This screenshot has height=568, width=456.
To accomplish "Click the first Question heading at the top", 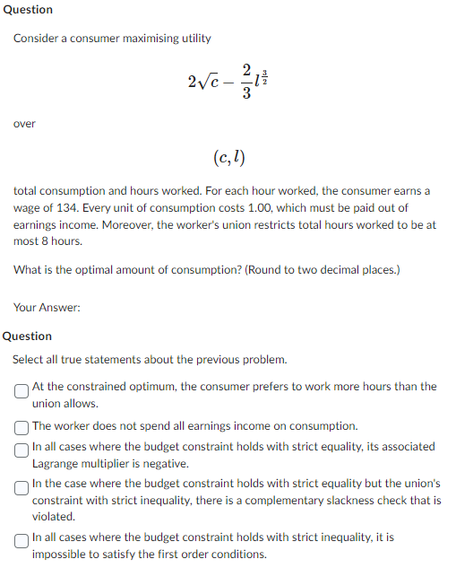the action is click(x=28, y=10).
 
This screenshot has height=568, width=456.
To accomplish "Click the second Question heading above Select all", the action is click(x=28, y=336).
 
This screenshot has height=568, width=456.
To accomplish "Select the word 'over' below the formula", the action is click(x=24, y=124).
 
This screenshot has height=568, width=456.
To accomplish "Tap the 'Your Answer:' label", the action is click(x=47, y=308).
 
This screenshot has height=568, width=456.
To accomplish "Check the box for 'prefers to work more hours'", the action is click(x=20, y=389).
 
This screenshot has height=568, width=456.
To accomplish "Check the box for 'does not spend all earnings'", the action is click(x=20, y=426).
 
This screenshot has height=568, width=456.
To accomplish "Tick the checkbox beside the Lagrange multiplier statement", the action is click(x=20, y=447).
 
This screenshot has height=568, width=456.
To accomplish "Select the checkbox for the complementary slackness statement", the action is click(x=20, y=484).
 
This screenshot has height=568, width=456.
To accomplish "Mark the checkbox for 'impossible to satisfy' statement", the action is click(x=20, y=538).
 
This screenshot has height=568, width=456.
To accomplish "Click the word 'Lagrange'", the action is click(x=57, y=464).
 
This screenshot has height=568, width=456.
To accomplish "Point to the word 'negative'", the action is click(x=165, y=464).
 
